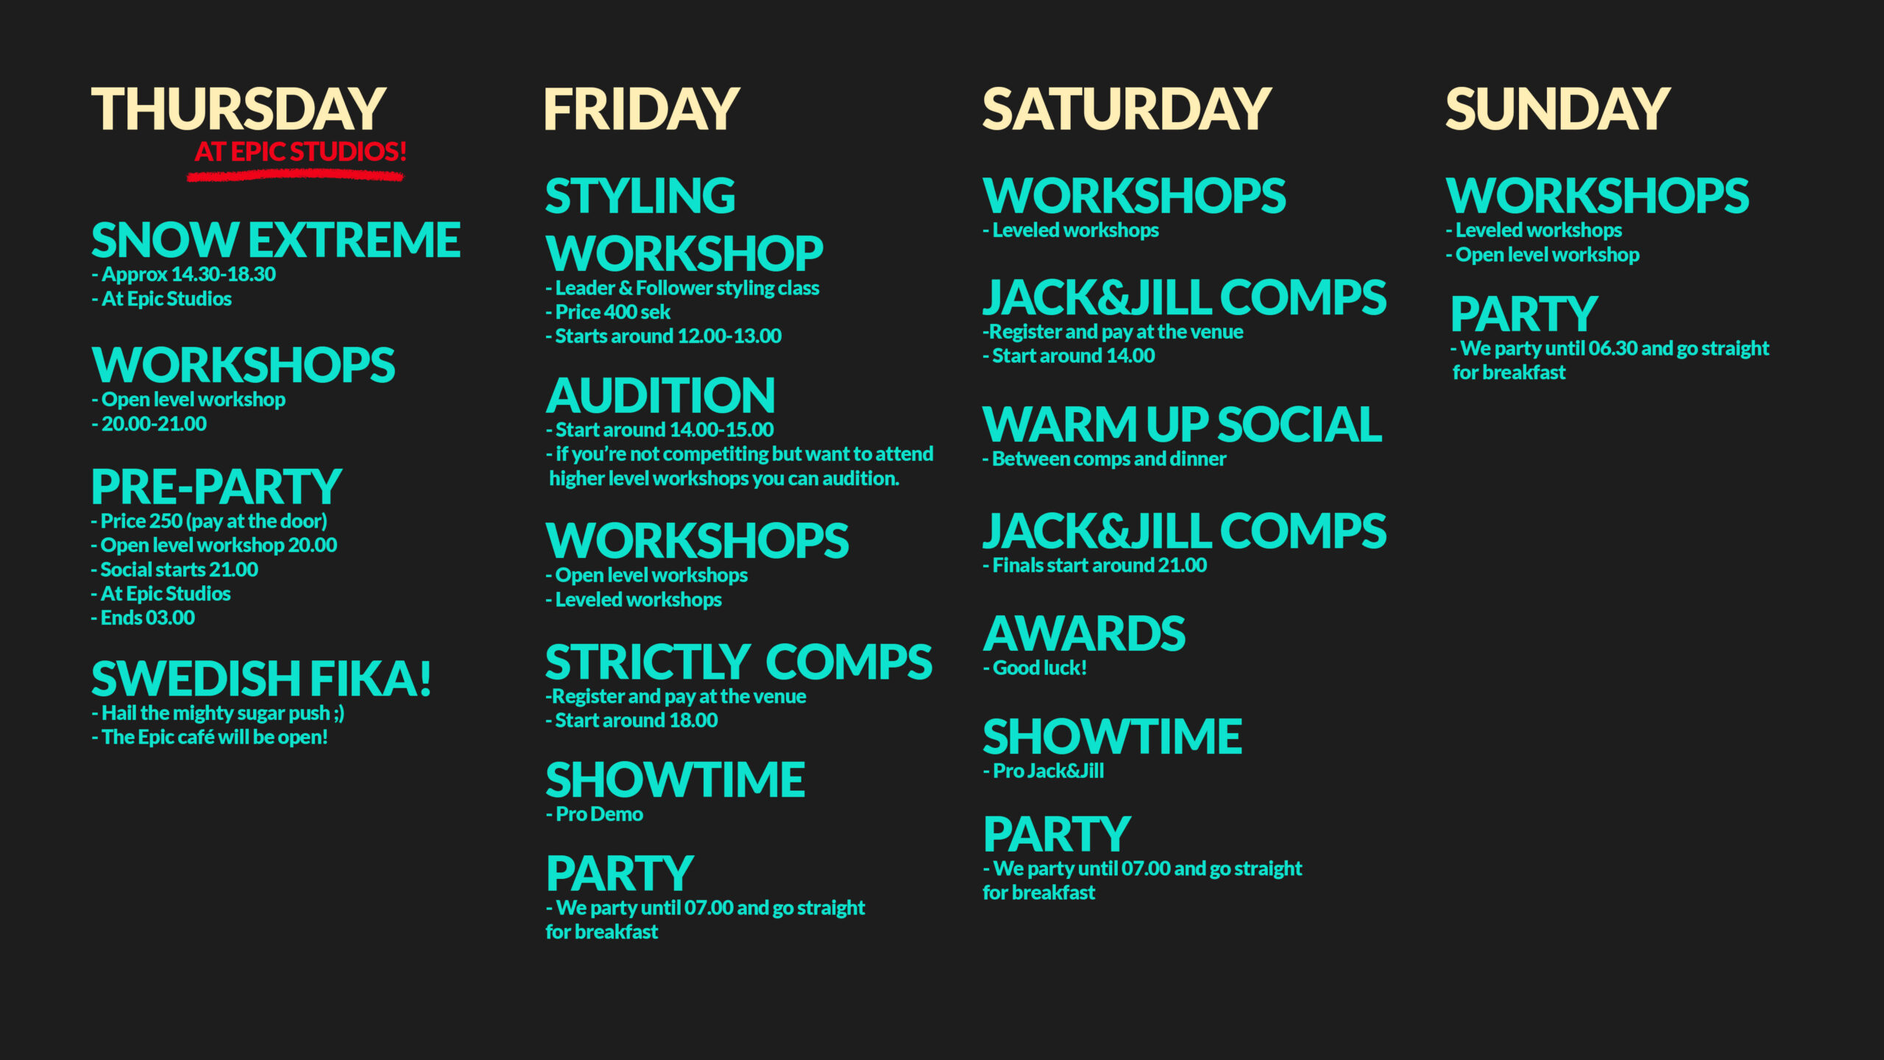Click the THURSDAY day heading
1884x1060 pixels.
[238, 109]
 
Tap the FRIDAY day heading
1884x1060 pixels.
[641, 109]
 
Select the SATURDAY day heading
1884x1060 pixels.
[1127, 109]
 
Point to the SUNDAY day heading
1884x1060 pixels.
[1558, 109]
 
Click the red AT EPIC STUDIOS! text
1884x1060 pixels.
[300, 152]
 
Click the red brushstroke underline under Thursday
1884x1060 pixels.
[295, 175]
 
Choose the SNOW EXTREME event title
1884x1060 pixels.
[276, 240]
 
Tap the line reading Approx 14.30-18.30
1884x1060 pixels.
[184, 275]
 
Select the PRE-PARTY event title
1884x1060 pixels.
[216, 487]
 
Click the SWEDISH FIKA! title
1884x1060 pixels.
[261, 678]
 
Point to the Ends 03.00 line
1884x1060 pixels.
[144, 618]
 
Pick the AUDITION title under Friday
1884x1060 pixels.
[660, 395]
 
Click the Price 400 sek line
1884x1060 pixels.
[608, 312]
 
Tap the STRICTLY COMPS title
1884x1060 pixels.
[739, 662]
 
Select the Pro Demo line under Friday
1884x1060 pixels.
[595, 814]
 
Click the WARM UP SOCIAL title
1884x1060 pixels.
[1183, 425]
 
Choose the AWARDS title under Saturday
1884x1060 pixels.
[1085, 634]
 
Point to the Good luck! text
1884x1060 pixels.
[1035, 668]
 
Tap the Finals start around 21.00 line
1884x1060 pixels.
[1095, 565]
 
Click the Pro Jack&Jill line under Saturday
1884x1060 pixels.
[1044, 771]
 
